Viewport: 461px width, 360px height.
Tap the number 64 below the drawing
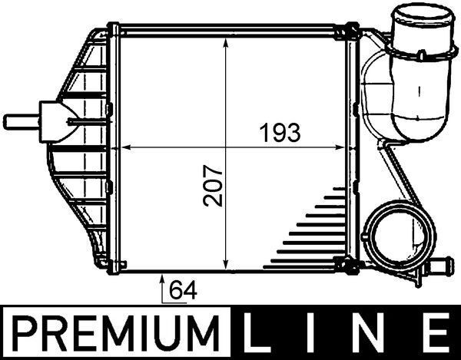point(181,291)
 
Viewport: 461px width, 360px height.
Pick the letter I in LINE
point(320,335)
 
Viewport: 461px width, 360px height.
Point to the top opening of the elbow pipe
point(419,17)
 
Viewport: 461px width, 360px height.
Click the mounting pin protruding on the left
point(19,121)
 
